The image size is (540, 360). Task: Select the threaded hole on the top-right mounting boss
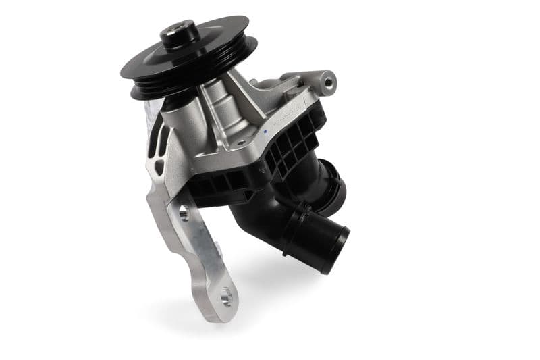pyautogui.click(x=328, y=82)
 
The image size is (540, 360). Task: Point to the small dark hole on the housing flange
pyautogui.click(x=238, y=144)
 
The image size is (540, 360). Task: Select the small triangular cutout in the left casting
pyautogui.click(x=158, y=166)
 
